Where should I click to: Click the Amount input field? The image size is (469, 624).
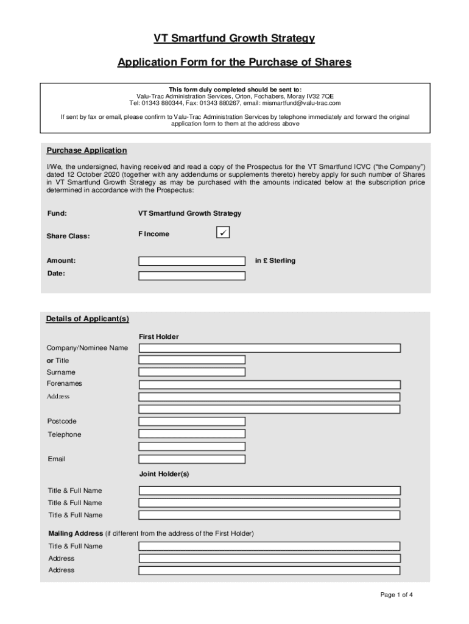point(192,261)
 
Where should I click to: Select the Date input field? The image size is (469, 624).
point(192,275)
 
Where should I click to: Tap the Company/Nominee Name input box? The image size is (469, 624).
point(269,348)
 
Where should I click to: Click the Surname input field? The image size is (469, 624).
point(192,372)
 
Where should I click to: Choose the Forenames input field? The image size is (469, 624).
point(269,385)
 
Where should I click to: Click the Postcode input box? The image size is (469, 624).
point(192,421)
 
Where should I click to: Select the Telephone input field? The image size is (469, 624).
point(192,434)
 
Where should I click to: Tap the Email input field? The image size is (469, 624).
point(192,459)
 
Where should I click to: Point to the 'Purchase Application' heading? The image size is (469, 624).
point(86,151)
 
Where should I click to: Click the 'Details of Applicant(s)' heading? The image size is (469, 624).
point(88,319)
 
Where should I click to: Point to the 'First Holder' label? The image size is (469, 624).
point(158,336)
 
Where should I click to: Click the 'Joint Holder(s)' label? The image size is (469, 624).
point(164,473)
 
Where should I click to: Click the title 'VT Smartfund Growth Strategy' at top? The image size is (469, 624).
point(234,39)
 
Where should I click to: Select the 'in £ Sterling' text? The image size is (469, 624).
point(275,261)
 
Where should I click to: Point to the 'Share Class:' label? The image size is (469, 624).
point(68,236)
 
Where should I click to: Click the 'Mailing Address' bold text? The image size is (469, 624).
point(76,533)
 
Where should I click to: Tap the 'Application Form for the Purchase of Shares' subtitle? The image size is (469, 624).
point(234,62)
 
